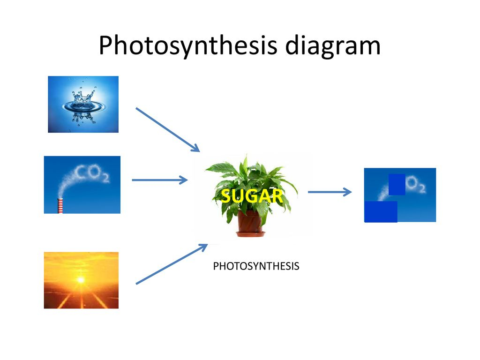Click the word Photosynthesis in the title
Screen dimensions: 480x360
(x=188, y=45)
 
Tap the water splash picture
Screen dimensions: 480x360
(x=83, y=105)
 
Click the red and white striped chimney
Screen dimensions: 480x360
(x=60, y=205)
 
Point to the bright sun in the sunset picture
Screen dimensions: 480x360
(x=81, y=280)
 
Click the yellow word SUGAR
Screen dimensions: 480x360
(x=252, y=196)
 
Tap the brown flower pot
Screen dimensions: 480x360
(x=250, y=222)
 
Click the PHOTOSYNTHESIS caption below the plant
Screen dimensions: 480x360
(x=256, y=266)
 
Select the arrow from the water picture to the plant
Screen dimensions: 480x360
(x=168, y=130)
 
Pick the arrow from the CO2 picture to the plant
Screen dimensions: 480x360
(x=160, y=180)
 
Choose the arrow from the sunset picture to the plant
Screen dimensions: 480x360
(x=172, y=264)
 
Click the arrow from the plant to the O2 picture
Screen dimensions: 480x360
(x=330, y=192)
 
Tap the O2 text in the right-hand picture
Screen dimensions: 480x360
(x=416, y=184)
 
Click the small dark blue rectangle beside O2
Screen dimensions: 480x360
(x=397, y=184)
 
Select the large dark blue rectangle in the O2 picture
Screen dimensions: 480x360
(x=381, y=211)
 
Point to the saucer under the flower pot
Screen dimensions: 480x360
(x=250, y=234)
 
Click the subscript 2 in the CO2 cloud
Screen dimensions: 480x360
(x=105, y=178)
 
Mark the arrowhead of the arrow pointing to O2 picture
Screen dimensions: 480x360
(x=347, y=192)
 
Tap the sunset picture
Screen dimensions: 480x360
(x=81, y=280)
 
